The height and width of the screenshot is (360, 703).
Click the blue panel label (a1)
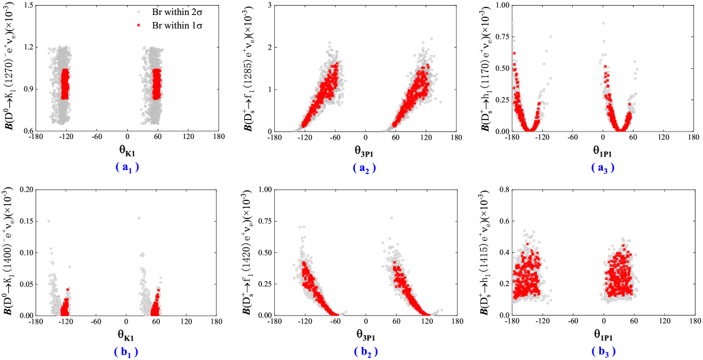pos(126,167)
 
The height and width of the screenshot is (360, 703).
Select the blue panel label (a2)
pos(364,168)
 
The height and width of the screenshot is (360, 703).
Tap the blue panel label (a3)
pos(602,168)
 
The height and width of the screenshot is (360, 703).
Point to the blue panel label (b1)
pos(126,352)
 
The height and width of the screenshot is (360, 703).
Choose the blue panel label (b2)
pos(366,352)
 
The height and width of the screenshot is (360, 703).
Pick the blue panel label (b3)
pos(603,352)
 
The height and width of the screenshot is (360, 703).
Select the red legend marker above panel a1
pos(138,25)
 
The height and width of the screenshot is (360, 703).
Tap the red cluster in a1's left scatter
pos(65,84)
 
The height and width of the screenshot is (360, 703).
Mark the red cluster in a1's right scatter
pos(157,84)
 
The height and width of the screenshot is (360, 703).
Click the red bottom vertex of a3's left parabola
pos(530,130)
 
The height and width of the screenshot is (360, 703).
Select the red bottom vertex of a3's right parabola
pos(620,130)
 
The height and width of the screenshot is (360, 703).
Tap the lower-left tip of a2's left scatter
pos(294,130)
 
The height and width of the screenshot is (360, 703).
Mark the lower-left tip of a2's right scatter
pos(383,130)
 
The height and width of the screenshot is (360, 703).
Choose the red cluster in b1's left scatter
pos(65,305)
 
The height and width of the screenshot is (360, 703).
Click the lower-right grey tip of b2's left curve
pos(345,312)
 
